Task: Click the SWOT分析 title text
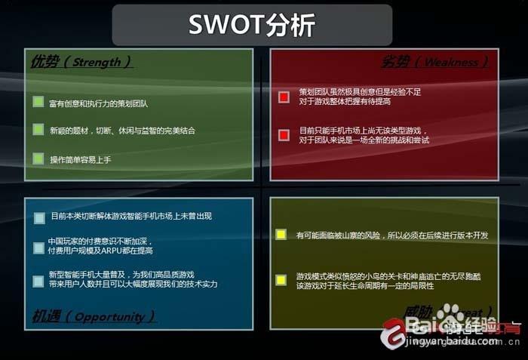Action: click(252, 26)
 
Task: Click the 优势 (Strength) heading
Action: click(81, 62)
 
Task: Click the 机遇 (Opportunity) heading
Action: click(94, 315)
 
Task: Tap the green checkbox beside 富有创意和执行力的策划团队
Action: click(38, 102)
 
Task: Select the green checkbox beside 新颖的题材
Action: click(38, 130)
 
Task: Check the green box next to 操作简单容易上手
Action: click(38, 158)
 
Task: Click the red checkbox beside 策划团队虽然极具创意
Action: click(284, 97)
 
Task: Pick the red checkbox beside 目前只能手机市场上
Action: click(284, 135)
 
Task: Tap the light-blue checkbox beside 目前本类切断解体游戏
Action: click(39, 217)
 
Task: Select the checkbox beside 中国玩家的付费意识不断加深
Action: click(39, 247)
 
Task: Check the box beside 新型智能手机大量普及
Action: click(39, 281)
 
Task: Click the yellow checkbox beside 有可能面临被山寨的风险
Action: click(281, 235)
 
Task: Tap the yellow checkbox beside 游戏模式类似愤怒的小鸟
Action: click(281, 280)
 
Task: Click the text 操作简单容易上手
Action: click(81, 159)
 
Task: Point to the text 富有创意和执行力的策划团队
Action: click(98, 103)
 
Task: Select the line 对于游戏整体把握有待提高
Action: click(345, 101)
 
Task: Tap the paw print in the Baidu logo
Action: click(450, 315)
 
